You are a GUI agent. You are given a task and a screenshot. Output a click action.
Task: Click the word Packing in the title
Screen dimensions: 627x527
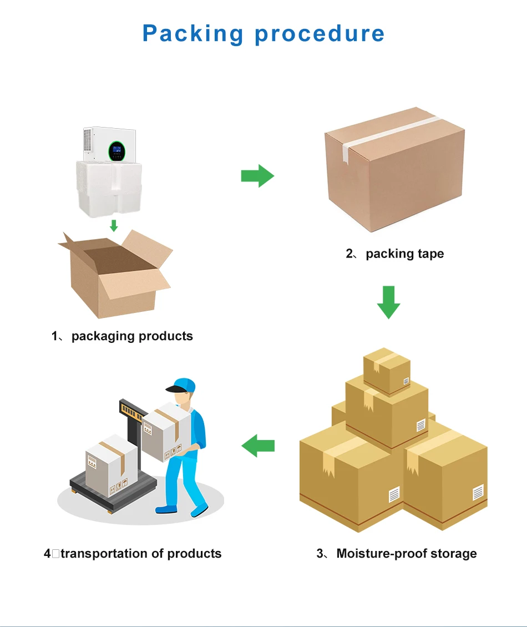[192, 34]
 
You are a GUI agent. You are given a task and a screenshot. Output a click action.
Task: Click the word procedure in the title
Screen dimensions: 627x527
[320, 34]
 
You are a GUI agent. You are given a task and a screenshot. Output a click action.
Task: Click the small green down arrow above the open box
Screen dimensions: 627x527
[114, 225]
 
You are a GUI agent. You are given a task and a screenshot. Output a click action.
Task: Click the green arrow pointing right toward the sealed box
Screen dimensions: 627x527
[257, 176]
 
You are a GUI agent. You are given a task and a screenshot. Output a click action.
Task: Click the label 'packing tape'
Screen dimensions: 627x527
[404, 254]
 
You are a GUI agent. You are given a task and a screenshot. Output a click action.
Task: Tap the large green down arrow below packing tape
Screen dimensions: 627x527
[388, 302]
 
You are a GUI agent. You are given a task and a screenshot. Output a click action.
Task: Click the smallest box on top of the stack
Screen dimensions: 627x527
[387, 370]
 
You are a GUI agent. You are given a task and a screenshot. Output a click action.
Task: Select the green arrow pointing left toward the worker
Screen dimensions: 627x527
[258, 446]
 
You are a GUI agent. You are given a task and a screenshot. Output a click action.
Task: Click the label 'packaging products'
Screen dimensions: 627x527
[132, 336]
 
